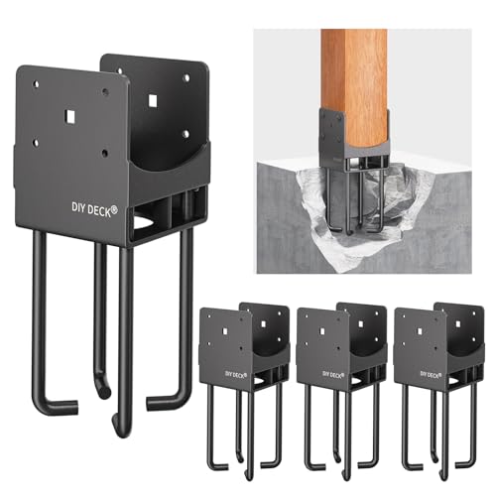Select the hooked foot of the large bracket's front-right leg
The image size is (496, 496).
tap(164, 402)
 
